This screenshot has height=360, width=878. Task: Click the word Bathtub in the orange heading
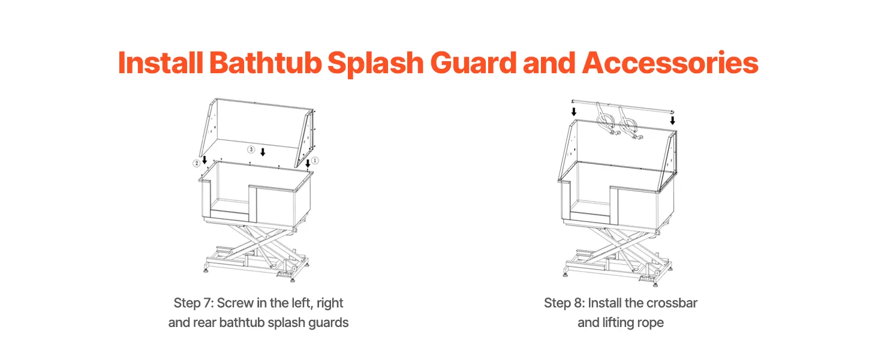[x=265, y=63]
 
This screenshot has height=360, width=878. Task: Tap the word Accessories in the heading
[x=670, y=63]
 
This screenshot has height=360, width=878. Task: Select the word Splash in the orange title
[x=375, y=64]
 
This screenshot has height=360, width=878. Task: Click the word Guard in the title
[x=473, y=63]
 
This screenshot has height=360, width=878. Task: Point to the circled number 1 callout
[x=315, y=160]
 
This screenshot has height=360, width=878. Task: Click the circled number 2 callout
[x=197, y=163]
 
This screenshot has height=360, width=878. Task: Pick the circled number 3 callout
[x=251, y=149]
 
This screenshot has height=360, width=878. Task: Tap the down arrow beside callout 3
[x=263, y=152]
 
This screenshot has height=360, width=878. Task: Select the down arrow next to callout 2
[x=205, y=160]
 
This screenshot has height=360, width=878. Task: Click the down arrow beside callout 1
[x=308, y=163]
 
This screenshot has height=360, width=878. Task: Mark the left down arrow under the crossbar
[x=574, y=112]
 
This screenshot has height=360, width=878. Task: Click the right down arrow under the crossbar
[x=673, y=121]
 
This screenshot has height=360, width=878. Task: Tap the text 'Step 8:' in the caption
[x=564, y=303]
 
